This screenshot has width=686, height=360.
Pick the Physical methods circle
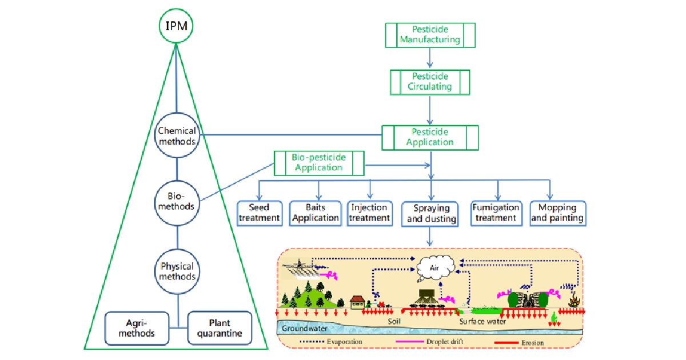(x=177, y=271)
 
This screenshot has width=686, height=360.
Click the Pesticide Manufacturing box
(x=429, y=35)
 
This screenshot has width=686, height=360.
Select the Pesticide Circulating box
(x=429, y=82)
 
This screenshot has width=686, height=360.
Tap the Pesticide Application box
(x=429, y=137)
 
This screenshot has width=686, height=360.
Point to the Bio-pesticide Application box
(x=319, y=163)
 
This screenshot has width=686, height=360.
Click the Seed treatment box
(x=260, y=213)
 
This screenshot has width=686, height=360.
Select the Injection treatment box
(x=370, y=212)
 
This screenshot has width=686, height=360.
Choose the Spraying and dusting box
(x=430, y=213)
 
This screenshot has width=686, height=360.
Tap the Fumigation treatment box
(x=496, y=213)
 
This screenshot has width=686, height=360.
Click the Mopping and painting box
(x=557, y=213)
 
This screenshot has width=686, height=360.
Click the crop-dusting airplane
(x=299, y=265)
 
